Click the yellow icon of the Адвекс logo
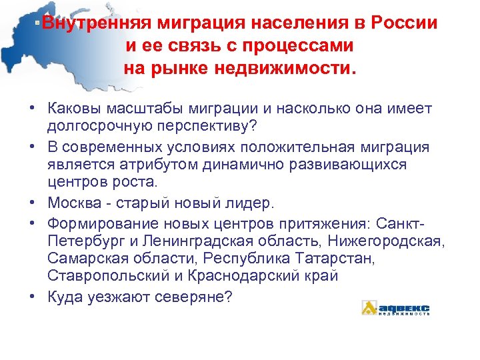pyautogui.click(x=369, y=307)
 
